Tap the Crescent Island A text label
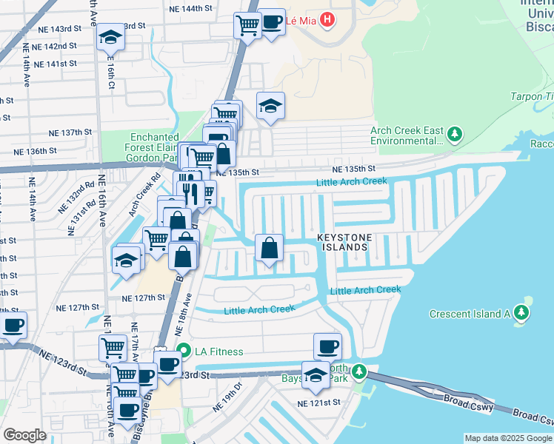tap(470, 314)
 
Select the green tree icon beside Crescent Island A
tap(524, 313)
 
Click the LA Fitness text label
tap(218, 351)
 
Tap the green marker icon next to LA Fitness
tap(182, 351)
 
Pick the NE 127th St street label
tap(143, 297)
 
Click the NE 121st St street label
tap(318, 403)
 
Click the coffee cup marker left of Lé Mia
tap(272, 21)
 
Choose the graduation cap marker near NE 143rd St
tap(110, 37)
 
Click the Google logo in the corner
tap(24, 435)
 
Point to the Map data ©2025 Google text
tap(508, 438)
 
